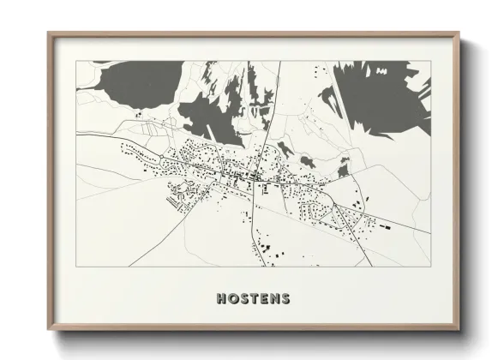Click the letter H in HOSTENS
click(223, 299)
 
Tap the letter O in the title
click(234, 299)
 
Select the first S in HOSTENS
click(244, 299)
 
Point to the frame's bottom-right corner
click(459, 329)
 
